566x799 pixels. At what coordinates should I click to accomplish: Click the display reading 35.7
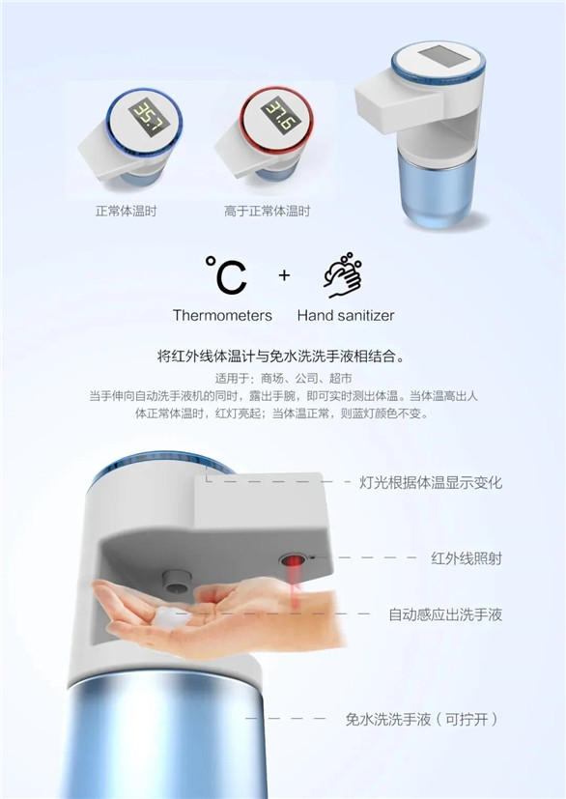(x=145, y=117)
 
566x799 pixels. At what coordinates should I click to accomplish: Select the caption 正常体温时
(x=127, y=211)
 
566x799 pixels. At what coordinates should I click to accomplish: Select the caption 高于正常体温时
(x=267, y=211)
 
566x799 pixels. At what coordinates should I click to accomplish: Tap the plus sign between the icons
(x=284, y=275)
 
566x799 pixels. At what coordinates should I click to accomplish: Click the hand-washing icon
(x=343, y=274)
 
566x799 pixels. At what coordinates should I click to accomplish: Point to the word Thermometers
(x=222, y=315)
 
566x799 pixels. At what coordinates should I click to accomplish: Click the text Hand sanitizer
(x=346, y=315)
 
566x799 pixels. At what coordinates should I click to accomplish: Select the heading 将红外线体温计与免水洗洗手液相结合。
(x=283, y=357)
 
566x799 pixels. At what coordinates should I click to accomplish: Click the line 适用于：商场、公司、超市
(x=283, y=379)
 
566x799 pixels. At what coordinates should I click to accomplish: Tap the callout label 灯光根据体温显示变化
(x=431, y=482)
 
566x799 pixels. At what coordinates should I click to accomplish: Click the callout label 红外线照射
(x=467, y=558)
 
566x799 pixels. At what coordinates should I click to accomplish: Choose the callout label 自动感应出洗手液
(x=445, y=614)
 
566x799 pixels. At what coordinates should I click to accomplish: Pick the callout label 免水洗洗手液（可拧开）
(x=422, y=720)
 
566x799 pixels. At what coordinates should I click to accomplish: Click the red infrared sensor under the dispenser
(x=293, y=561)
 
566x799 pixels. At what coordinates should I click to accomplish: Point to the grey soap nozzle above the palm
(x=177, y=582)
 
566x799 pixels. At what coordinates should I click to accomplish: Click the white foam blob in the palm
(x=172, y=617)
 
